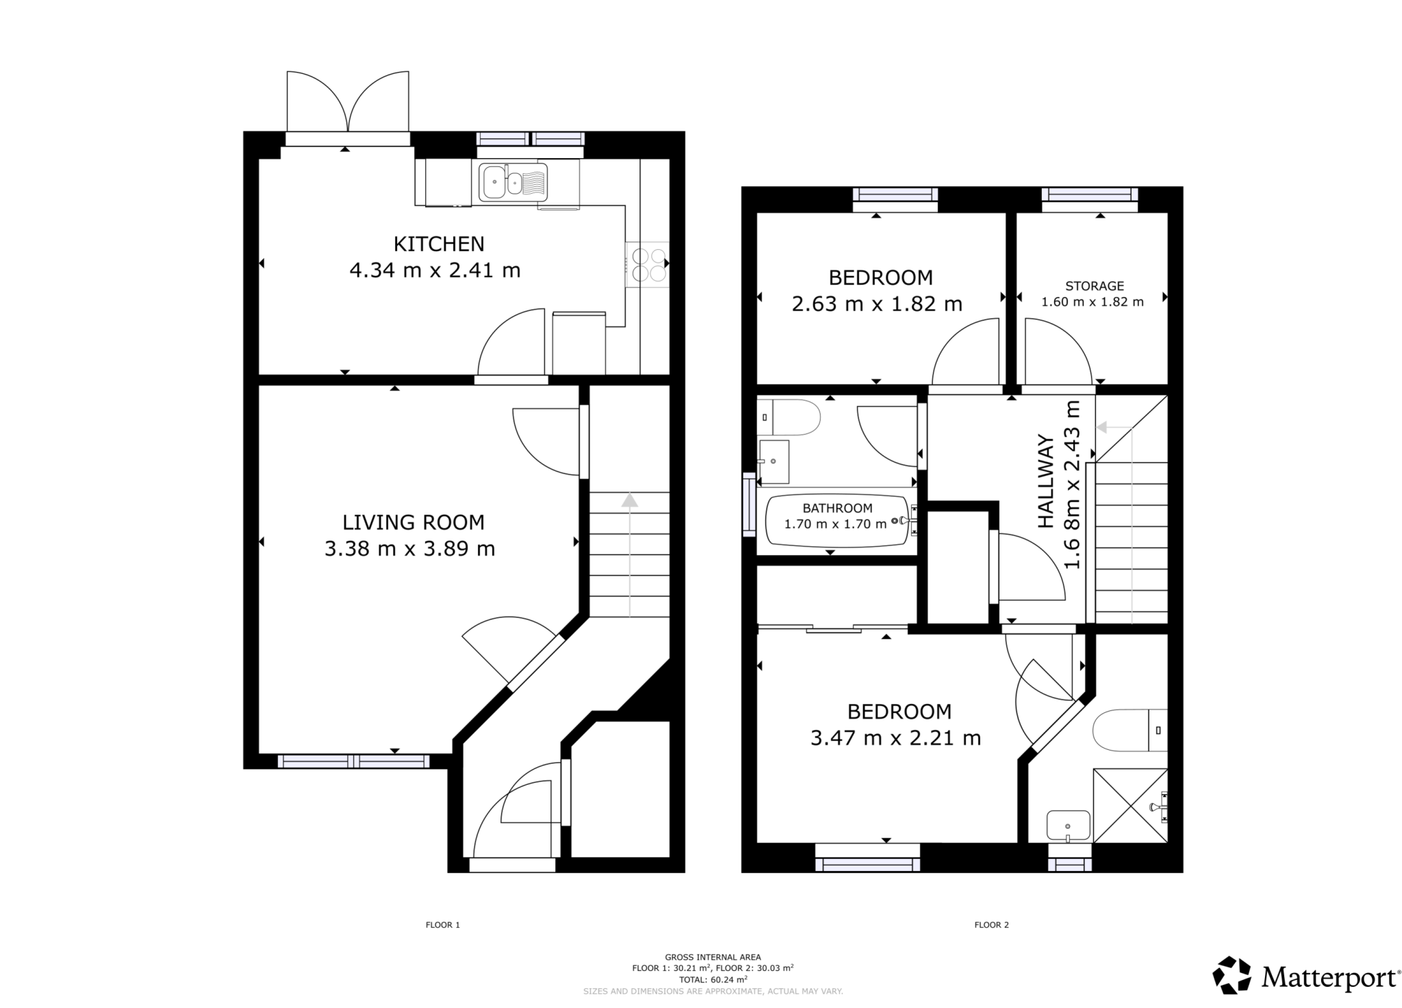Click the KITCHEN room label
coord(438,244)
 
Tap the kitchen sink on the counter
coord(512,182)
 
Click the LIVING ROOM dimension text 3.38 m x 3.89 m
coord(409,549)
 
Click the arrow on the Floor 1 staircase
coord(629,502)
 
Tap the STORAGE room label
coord(1094,286)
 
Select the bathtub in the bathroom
coord(837,521)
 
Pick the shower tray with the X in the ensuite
coord(1130,805)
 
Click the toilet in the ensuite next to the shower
coord(1129,731)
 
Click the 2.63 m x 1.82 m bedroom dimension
coord(876,304)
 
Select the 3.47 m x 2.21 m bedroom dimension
coord(895,738)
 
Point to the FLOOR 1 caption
coord(442,925)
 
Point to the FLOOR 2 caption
coord(991,925)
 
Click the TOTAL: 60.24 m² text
coord(713,979)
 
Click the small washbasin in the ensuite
coord(1068,825)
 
